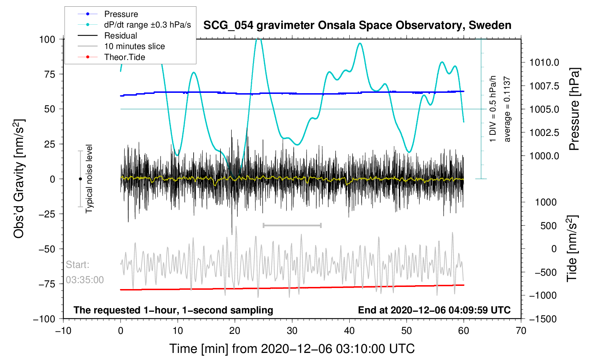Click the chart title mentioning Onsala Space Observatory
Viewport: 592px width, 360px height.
tap(357, 25)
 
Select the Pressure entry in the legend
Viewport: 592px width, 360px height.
tap(121, 14)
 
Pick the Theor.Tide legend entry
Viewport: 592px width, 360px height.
tap(124, 57)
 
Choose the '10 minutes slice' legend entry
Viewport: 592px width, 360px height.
tap(134, 46)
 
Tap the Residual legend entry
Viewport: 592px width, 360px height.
tap(120, 36)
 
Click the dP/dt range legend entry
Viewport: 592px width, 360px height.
tap(147, 25)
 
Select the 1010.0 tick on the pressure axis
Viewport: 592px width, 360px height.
tap(544, 63)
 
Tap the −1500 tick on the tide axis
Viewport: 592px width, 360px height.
tap(543, 319)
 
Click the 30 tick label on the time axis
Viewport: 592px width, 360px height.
tap(292, 331)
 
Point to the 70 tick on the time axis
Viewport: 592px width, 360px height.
tap(521, 331)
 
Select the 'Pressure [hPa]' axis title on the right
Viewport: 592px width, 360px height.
tap(575, 109)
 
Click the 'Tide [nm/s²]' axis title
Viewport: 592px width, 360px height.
tap(572, 248)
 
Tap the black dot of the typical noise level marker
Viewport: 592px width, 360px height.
tap(80, 179)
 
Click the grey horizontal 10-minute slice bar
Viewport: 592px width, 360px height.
tap(292, 225)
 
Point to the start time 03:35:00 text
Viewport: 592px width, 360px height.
tap(85, 280)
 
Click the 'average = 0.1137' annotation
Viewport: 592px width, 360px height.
tap(507, 109)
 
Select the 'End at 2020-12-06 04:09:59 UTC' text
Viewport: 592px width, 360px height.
tap(434, 310)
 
